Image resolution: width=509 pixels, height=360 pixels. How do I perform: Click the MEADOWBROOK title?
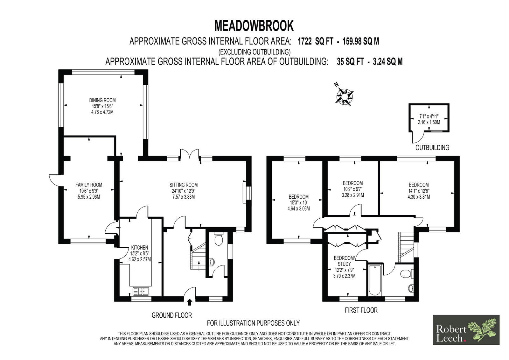click(254, 26)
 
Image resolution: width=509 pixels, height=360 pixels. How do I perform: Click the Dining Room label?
click(102, 100)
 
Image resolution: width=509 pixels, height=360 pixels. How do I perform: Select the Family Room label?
click(89, 185)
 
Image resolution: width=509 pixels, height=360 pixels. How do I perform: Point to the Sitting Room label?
click(184, 185)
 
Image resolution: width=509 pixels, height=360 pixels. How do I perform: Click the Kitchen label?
click(140, 247)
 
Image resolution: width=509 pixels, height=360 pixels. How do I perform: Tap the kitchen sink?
click(141, 291)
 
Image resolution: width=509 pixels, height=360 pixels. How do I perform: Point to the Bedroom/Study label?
click(344, 261)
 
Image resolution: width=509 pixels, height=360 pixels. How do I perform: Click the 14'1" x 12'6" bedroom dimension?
click(419, 191)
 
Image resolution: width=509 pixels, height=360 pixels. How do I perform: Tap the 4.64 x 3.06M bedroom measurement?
click(299, 208)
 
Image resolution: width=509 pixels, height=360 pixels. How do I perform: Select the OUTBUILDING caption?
click(432, 148)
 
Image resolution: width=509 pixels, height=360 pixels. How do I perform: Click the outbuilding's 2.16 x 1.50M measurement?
click(429, 122)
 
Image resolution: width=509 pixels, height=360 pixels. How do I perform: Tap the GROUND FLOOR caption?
click(172, 315)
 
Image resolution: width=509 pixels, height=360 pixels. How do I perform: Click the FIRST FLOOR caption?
click(361, 310)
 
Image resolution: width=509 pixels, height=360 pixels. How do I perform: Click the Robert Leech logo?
click(466, 330)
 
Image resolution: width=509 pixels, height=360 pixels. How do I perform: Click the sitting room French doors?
click(190, 154)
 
